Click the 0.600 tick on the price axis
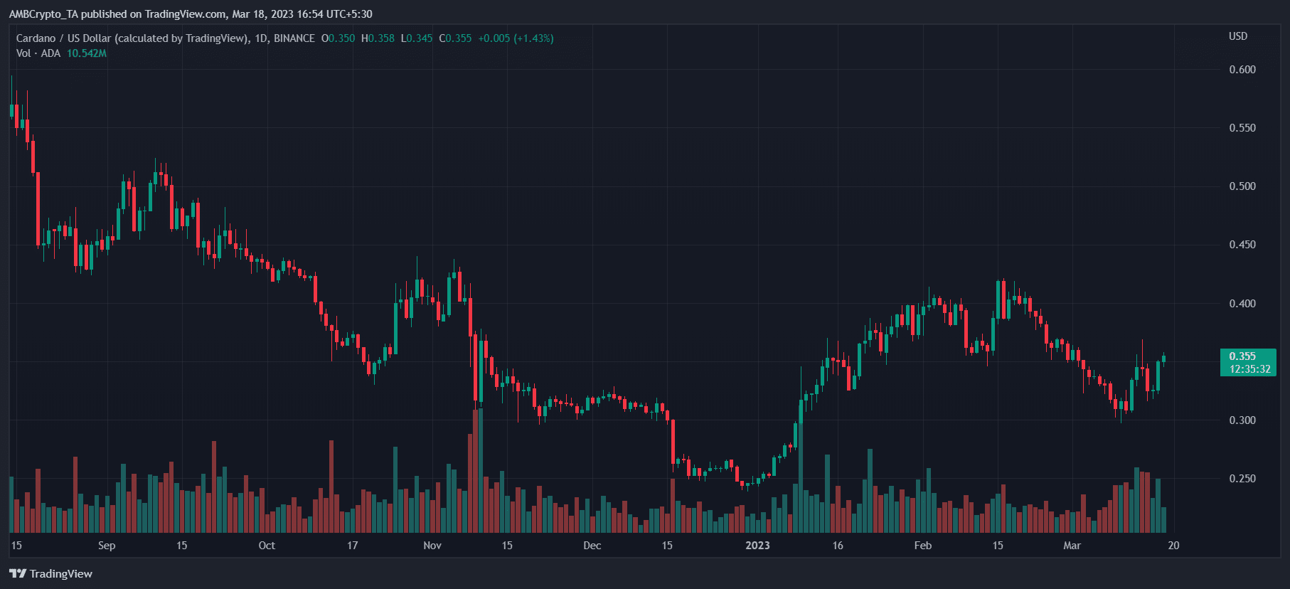tap(1242, 70)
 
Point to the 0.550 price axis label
tap(1242, 128)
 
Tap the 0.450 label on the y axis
tap(1242, 245)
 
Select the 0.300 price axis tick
tap(1242, 420)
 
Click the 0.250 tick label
tap(1242, 479)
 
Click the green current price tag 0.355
tap(1242, 356)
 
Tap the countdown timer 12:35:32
tap(1249, 369)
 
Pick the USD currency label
tap(1237, 36)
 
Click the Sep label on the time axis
tap(107, 546)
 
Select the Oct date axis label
tap(267, 546)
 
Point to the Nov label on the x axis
tap(432, 546)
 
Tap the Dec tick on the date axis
tap(592, 546)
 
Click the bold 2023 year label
tap(757, 546)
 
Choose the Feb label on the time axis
tap(922, 546)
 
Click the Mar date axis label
tap(1072, 546)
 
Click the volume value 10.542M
tap(87, 53)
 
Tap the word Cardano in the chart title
tap(36, 38)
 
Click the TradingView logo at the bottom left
tap(51, 573)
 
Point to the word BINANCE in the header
tap(294, 38)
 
